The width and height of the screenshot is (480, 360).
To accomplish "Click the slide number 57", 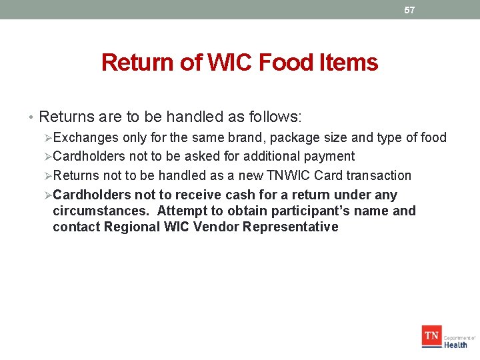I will click(409, 10).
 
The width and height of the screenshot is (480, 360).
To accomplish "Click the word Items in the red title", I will click(349, 63).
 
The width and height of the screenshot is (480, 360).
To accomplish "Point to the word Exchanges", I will click(85, 138).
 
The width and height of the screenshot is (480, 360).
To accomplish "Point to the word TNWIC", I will click(286, 175).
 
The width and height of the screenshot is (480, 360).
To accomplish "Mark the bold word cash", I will click(240, 195).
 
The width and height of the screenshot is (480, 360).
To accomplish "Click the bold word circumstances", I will click(101, 211).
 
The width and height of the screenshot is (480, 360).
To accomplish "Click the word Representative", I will click(291, 227).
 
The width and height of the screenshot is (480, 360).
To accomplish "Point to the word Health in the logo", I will click(455, 345).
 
